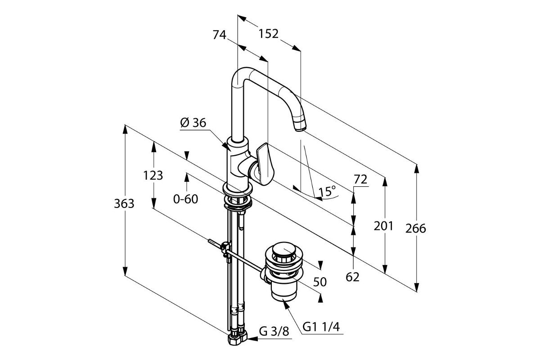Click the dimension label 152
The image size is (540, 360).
click(268, 34)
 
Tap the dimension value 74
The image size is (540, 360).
click(220, 35)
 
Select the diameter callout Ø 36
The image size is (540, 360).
click(193, 123)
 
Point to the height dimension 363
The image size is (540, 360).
click(124, 204)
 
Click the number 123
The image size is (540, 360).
click(153, 175)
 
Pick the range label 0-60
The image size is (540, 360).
click(185, 199)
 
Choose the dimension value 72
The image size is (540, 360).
click(360, 180)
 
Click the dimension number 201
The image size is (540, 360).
click(383, 226)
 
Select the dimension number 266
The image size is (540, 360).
click(416, 229)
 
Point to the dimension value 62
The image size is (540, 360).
click(352, 277)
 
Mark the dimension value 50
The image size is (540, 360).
click(320, 282)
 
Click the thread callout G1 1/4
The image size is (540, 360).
click(321, 327)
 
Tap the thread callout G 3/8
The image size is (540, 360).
click(274, 332)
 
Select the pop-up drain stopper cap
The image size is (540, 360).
click(283, 249)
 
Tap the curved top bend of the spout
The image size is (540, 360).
click(241, 75)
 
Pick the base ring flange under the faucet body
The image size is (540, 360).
click(238, 190)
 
